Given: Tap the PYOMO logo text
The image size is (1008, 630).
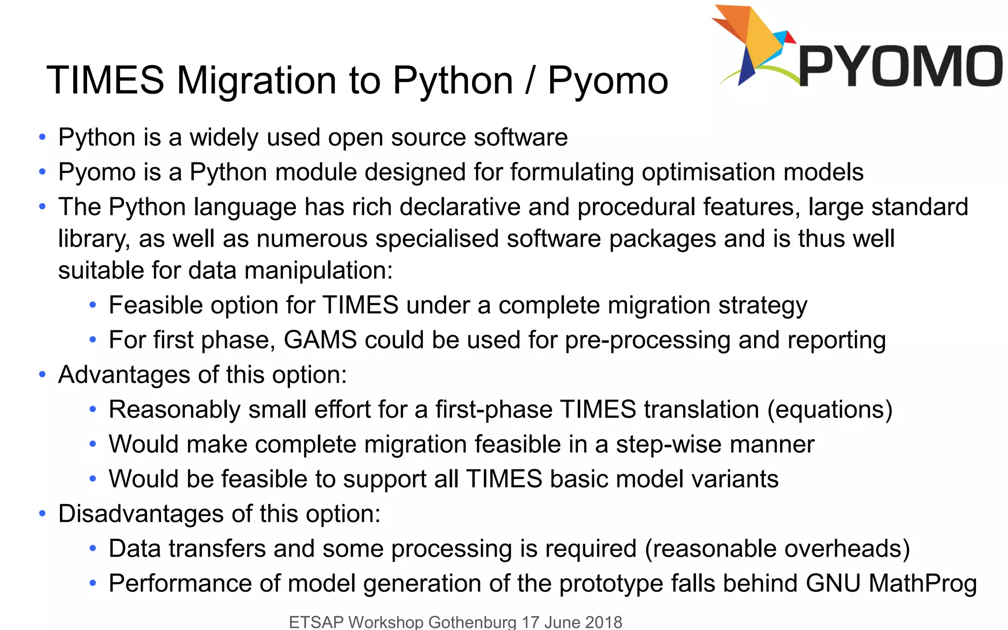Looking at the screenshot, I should coord(900,66).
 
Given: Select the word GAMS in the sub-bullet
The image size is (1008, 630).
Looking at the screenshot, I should coord(320,340).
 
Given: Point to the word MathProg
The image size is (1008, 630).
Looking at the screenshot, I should coord(922,584).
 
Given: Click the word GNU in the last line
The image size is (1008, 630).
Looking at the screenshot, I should coord(833,584).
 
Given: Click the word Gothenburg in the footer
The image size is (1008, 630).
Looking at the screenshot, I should coord(472,622).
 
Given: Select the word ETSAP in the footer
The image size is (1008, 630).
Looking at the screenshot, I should coord(316,622).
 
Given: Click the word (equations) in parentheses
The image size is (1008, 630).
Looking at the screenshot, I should coord(830,409).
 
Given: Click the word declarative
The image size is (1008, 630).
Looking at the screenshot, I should coord(460,207).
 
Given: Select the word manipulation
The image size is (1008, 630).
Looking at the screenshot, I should coord(318,271).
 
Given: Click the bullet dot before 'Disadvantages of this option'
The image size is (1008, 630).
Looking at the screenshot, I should coord(42,514).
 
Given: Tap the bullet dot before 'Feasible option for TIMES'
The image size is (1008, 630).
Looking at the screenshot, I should coord(93,305).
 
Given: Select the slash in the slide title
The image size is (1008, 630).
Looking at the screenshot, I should coord(530,80).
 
